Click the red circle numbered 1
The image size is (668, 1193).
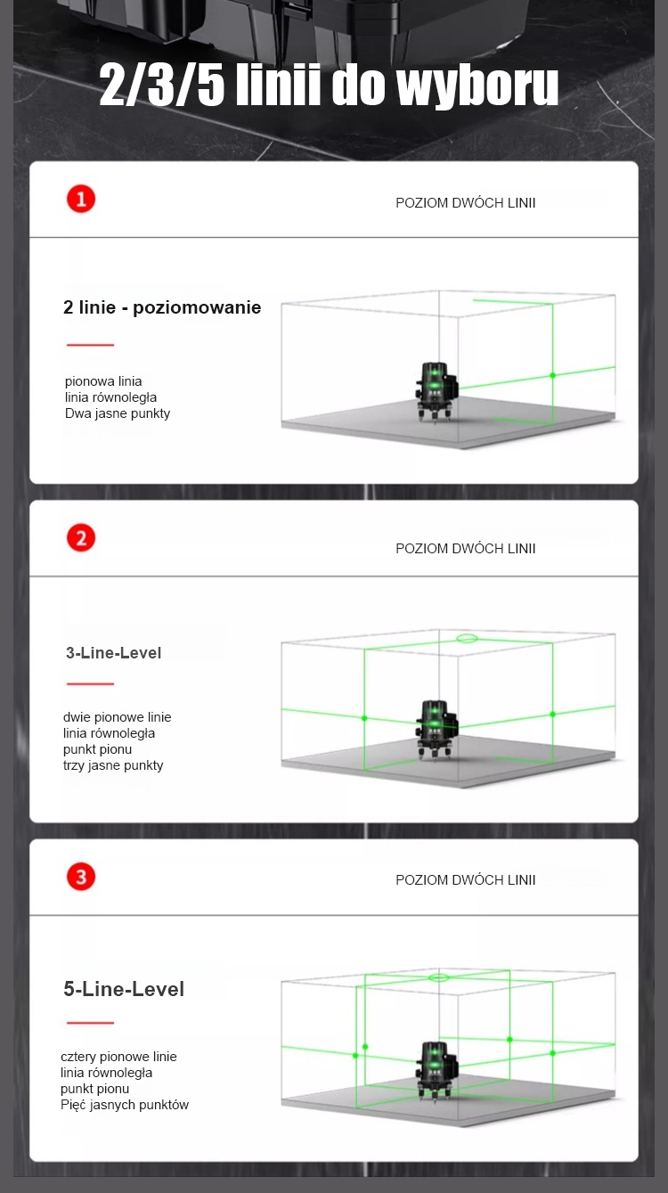point(81,200)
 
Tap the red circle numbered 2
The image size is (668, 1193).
point(81,538)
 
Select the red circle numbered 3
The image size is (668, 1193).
point(81,877)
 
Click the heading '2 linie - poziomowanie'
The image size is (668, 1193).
point(162,307)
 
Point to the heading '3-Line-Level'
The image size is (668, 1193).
point(113,652)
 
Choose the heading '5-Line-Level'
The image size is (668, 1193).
point(124,989)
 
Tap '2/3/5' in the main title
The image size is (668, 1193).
point(162,84)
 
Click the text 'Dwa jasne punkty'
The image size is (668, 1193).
point(117,413)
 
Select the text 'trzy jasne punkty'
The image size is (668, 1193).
point(113,765)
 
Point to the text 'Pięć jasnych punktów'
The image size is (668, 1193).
point(125,1105)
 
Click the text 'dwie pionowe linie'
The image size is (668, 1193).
point(117,717)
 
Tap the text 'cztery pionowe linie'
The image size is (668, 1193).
point(118,1057)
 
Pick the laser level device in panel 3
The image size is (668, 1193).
point(436,1072)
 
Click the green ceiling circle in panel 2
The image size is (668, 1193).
point(467,638)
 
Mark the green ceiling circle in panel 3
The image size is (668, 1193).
point(438,977)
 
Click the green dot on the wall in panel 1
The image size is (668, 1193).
point(552,375)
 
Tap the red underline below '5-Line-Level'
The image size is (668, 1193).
point(90,1023)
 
